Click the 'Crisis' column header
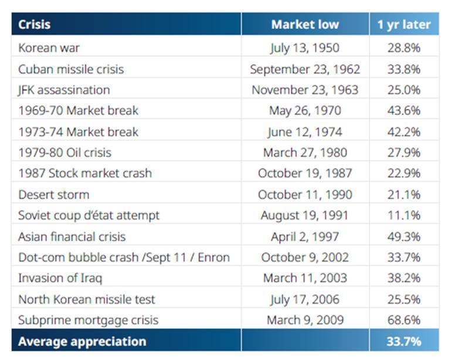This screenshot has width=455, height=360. (34, 25)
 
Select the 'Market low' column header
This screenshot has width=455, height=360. (304, 25)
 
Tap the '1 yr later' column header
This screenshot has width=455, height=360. (403, 25)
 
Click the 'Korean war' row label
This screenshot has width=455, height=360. (49, 48)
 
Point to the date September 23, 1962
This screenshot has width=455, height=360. (304, 69)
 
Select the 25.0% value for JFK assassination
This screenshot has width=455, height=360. (403, 90)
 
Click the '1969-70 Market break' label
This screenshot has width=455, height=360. (78, 111)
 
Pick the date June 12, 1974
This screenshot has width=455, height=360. (304, 132)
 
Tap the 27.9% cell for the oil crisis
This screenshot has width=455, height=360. (403, 152)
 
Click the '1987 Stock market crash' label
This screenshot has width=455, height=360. (84, 174)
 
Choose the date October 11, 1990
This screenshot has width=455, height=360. (304, 194)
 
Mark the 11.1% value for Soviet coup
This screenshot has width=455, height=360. (403, 215)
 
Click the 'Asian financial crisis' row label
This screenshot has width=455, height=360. (72, 236)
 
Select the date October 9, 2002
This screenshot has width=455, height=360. (304, 257)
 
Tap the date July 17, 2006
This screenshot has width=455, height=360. (304, 299)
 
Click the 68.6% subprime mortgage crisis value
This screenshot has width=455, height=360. (403, 320)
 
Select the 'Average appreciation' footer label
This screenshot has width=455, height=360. (82, 341)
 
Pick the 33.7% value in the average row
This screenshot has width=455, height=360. (403, 341)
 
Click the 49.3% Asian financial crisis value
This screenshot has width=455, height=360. (403, 236)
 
